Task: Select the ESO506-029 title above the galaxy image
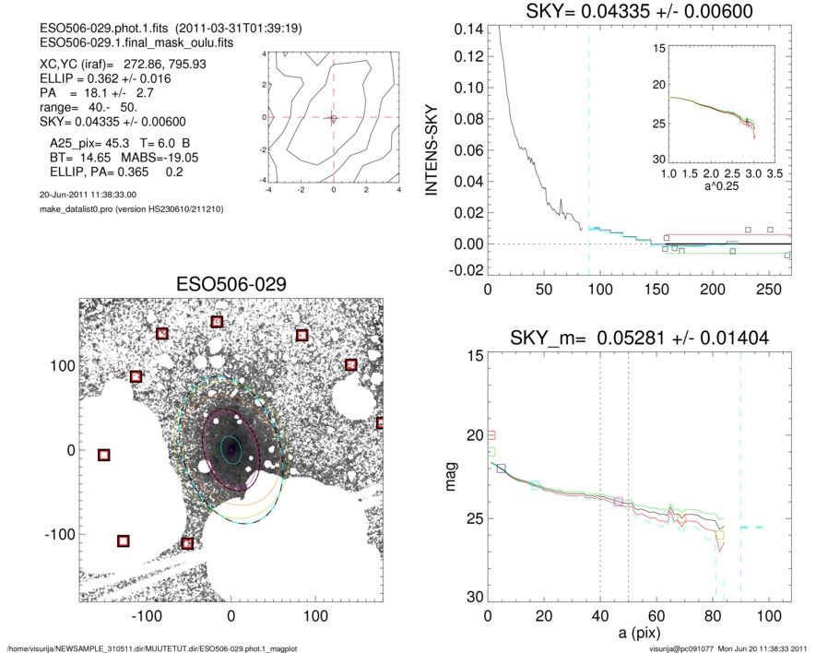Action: (x=231, y=284)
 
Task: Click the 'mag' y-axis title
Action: (x=452, y=477)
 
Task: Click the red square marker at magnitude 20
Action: (x=491, y=434)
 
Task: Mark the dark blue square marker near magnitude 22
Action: (x=502, y=469)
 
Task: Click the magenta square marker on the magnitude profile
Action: (x=618, y=501)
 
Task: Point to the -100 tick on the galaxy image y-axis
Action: (x=64, y=534)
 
